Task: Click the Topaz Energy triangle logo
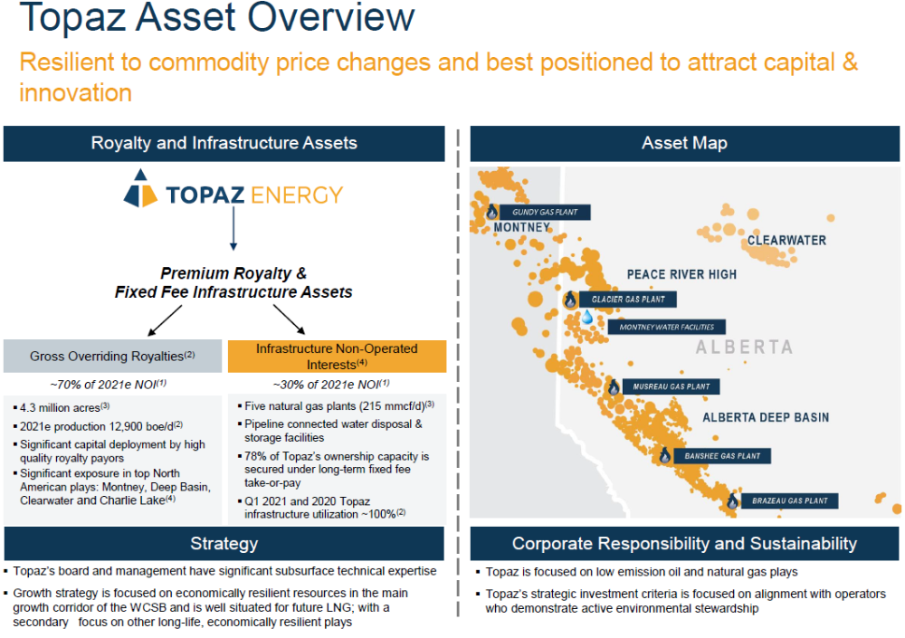tap(140, 188)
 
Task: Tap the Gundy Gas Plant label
tap(545, 212)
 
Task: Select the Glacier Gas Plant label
tap(628, 299)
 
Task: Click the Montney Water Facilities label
tap(667, 327)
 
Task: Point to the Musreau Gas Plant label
tap(671, 386)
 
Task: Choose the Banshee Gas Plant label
tap(722, 455)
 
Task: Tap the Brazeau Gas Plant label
tap(789, 500)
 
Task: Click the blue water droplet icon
tap(587, 317)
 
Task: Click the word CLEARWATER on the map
tap(786, 240)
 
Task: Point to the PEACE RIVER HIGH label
tap(681, 274)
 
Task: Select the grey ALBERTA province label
tap(744, 347)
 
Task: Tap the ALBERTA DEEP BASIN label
tap(766, 417)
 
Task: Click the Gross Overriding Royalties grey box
tap(112, 356)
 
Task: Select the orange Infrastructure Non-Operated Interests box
tap(337, 357)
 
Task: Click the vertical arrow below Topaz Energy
tap(233, 229)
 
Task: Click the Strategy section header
tap(224, 543)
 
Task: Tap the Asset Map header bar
tap(684, 143)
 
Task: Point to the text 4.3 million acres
tap(60, 407)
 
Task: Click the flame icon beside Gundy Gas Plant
tap(491, 212)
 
